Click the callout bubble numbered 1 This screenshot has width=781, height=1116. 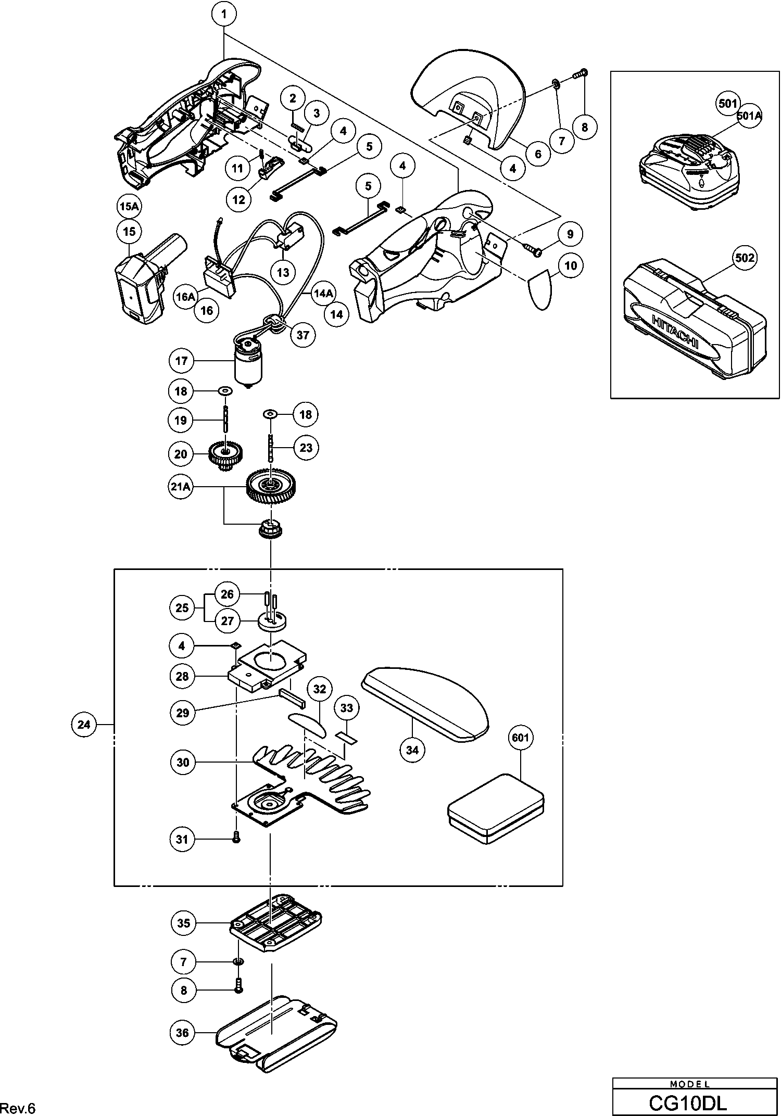point(224,15)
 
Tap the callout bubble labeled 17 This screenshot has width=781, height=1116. point(181,361)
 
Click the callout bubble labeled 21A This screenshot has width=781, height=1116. point(181,487)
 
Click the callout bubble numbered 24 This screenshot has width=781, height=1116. point(84,725)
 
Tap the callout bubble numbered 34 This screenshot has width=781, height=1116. point(412,750)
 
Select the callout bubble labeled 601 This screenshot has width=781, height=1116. point(520,738)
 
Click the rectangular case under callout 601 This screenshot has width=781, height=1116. point(496,808)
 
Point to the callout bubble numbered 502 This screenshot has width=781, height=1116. point(745,258)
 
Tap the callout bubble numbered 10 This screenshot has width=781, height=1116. point(571,265)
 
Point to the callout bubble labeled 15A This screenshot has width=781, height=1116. point(129,207)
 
